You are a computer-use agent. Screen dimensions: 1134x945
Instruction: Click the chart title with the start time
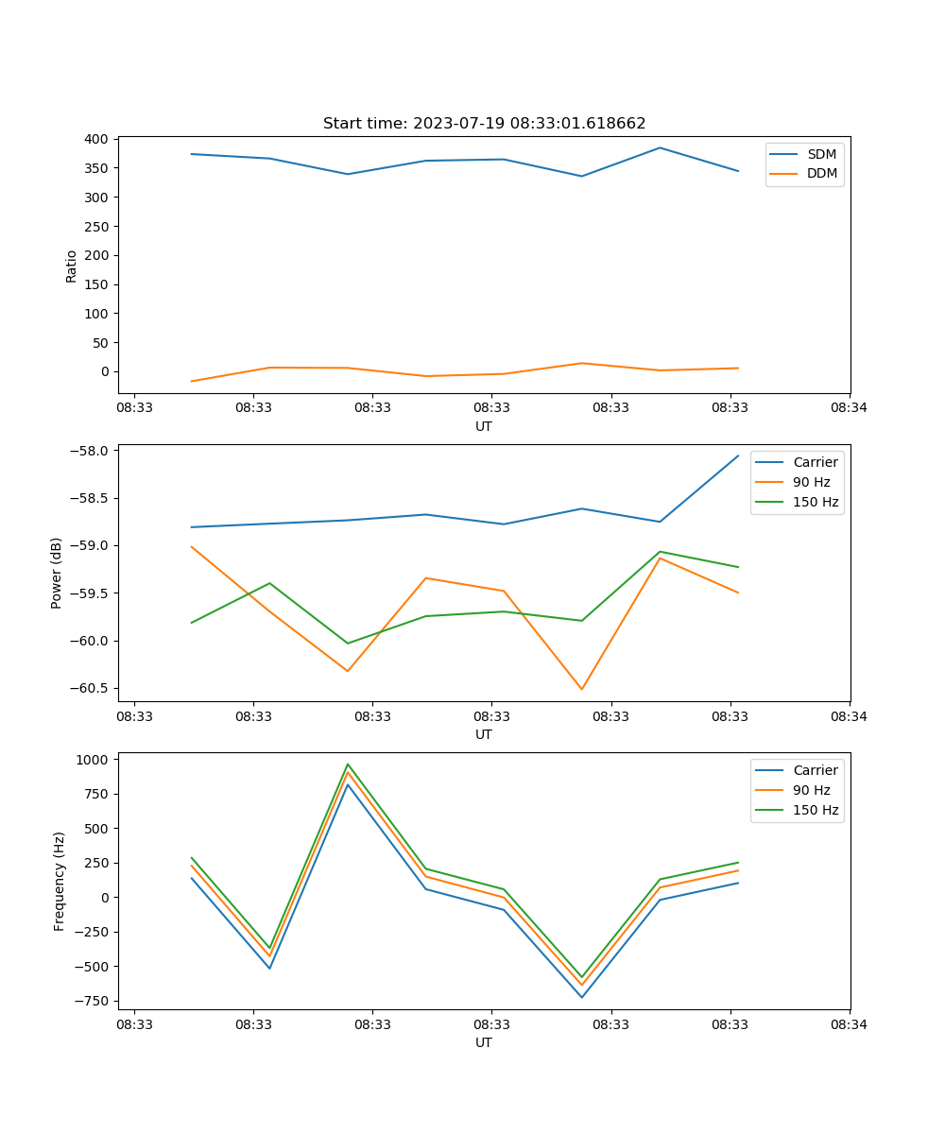click(484, 124)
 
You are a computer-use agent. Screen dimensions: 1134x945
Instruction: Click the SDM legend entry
click(821, 154)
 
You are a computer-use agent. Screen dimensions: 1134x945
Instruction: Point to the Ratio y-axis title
click(72, 266)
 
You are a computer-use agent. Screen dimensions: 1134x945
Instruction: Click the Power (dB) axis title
click(57, 573)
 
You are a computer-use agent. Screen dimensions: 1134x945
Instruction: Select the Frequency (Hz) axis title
click(60, 881)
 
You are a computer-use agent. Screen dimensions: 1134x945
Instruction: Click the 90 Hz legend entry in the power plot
click(811, 482)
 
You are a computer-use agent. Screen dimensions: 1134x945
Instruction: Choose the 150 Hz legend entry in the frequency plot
click(816, 810)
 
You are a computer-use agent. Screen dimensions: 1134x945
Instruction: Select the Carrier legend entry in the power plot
click(815, 462)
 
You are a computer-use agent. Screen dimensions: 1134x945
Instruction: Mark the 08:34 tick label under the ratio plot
click(850, 408)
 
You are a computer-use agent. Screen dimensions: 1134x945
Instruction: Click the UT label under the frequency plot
click(484, 1042)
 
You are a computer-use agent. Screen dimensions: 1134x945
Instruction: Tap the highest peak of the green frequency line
click(348, 765)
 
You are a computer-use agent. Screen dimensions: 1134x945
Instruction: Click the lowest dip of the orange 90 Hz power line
click(582, 689)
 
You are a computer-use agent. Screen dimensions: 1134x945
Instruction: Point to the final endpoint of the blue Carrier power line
click(738, 455)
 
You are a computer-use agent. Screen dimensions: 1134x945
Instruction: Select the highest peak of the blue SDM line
click(660, 147)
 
